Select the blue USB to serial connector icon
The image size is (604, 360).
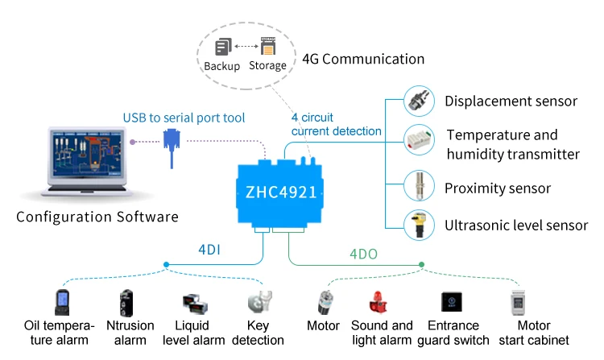172,147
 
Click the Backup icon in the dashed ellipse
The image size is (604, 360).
223,47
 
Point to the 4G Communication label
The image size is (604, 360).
362,59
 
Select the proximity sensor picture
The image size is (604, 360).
419,188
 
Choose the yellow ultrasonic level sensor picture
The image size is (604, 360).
419,226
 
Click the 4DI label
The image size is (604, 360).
209,250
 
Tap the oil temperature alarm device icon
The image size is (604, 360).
62,301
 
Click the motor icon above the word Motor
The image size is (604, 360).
323,303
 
